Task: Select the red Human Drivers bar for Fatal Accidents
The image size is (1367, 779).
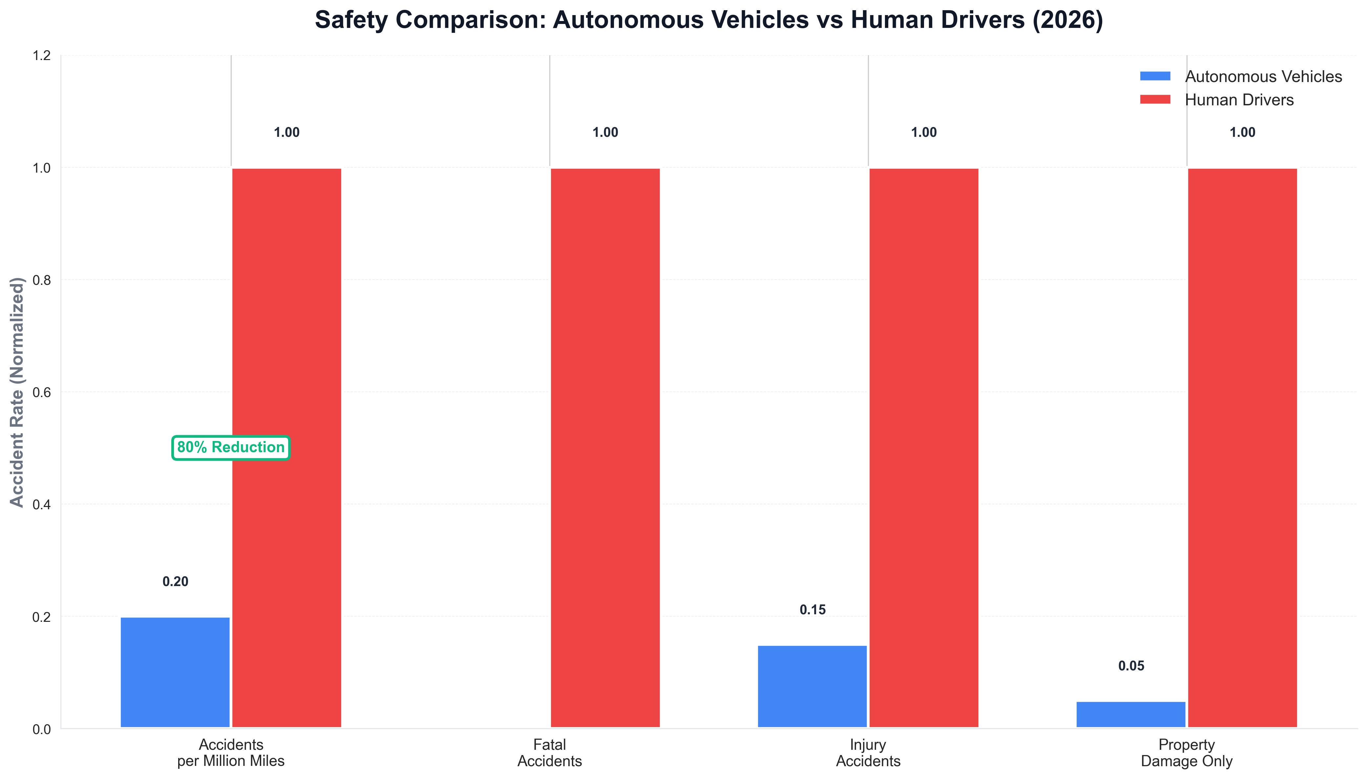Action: pyautogui.click(x=605, y=448)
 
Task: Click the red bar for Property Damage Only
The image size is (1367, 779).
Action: pyautogui.click(x=1242, y=448)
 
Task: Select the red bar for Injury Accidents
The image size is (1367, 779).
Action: pyautogui.click(x=924, y=448)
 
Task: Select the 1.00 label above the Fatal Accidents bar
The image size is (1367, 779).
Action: pyautogui.click(x=605, y=133)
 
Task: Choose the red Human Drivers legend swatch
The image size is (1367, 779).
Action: pyautogui.click(x=1155, y=99)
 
